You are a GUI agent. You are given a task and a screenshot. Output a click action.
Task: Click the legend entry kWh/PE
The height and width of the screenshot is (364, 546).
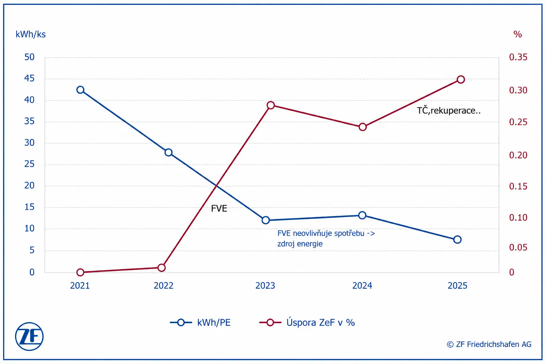point(200,322)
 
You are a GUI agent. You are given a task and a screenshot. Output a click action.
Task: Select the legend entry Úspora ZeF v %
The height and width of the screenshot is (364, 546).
point(307,322)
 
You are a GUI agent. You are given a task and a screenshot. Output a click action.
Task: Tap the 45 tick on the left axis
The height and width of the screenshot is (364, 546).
point(29,78)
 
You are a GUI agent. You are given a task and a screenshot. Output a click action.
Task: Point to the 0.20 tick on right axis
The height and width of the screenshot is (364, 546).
point(518,155)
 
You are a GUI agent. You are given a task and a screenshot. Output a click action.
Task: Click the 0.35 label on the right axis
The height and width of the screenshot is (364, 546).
point(518,57)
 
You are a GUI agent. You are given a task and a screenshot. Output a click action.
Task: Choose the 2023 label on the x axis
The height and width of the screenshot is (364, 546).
point(265,285)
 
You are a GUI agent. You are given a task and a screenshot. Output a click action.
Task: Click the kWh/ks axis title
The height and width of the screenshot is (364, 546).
point(31,34)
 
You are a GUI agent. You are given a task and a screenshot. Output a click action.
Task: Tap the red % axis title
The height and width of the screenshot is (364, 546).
point(518,34)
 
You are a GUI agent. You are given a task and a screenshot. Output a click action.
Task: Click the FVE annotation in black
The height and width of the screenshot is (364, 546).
point(219,208)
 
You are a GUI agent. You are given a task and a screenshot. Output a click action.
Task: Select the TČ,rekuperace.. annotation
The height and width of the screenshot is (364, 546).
point(449,111)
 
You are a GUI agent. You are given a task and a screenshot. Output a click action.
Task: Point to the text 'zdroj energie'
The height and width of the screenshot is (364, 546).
point(300,243)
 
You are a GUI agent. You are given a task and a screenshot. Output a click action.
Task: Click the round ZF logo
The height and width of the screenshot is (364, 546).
point(29,336)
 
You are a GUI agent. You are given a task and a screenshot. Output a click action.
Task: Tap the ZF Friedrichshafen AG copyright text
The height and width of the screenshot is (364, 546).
point(489,344)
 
